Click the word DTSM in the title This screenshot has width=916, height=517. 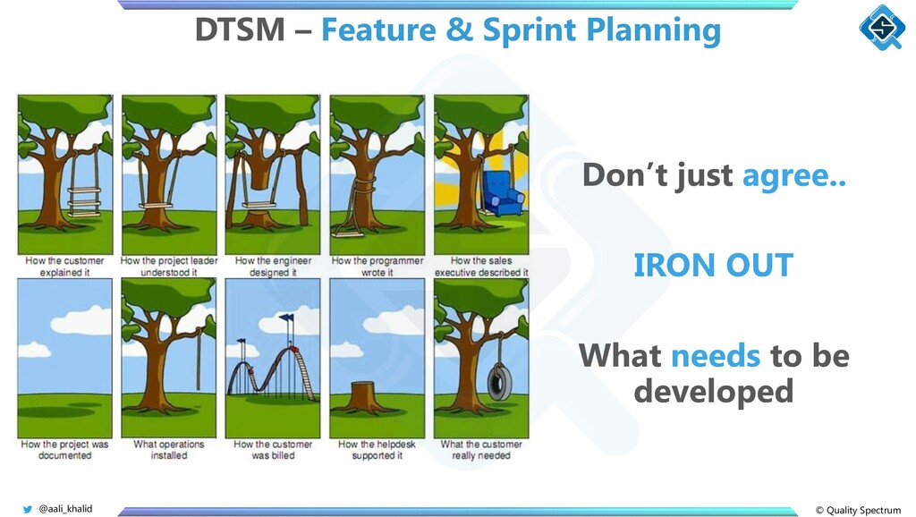click(240, 30)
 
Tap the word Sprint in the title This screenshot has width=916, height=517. click(530, 30)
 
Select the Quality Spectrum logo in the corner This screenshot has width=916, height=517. click(882, 27)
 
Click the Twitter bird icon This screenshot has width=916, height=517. click(28, 510)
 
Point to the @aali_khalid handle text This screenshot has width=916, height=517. click(65, 509)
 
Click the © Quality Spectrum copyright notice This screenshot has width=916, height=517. click(858, 510)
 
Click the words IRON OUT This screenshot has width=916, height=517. click(713, 266)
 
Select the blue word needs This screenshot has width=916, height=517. click(715, 356)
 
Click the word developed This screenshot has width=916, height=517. click(713, 392)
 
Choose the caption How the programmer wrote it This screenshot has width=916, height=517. click(377, 267)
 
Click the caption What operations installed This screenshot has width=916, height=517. click(169, 450)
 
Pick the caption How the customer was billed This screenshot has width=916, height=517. click(273, 450)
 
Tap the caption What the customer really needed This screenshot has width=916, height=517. click(481, 450)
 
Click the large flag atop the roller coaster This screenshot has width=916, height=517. click(286, 318)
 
